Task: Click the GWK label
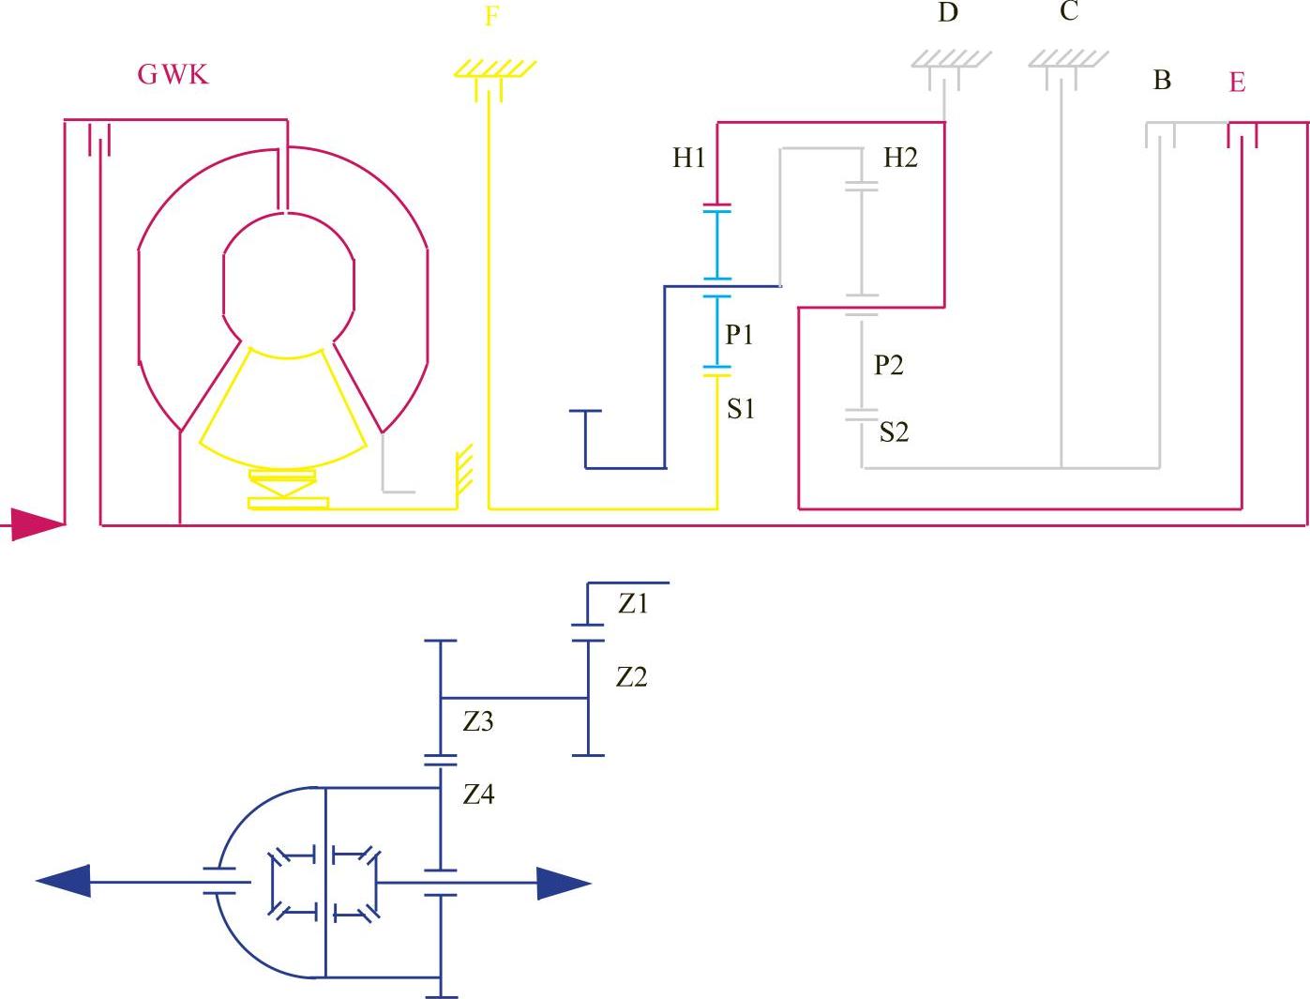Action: point(173,74)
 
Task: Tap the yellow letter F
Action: point(491,17)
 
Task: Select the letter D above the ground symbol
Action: point(948,13)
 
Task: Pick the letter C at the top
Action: point(1068,12)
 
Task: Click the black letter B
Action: point(1162,81)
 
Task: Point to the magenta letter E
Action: point(1237,83)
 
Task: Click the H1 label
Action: point(688,158)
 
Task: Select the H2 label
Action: point(900,158)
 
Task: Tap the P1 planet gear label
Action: point(739,335)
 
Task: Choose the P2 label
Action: point(888,365)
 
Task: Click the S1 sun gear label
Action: point(741,409)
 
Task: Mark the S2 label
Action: point(894,432)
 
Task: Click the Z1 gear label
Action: point(633,604)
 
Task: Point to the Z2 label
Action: point(631,677)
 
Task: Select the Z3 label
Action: point(478,722)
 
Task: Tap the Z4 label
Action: point(478,795)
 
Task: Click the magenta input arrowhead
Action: point(38,523)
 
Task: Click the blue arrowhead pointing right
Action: point(563,883)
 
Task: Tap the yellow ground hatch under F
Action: point(494,68)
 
